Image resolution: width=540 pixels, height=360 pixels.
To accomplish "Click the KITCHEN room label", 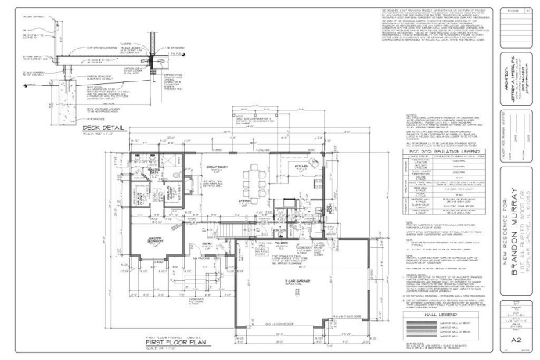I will pyautogui.click(x=298, y=167).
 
